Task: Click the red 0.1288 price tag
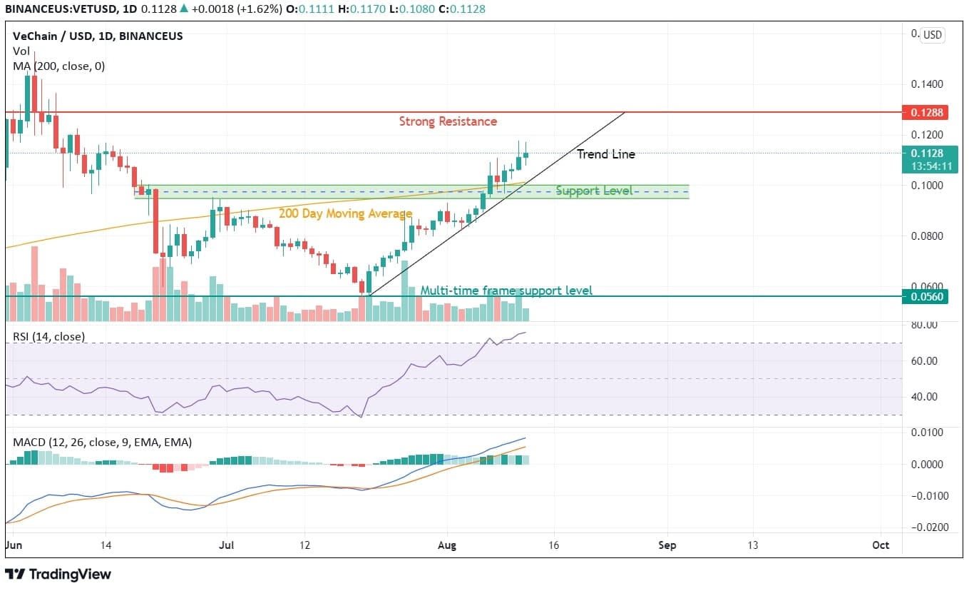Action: click(x=924, y=112)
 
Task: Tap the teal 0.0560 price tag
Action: click(x=924, y=296)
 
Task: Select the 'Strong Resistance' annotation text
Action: click(x=448, y=121)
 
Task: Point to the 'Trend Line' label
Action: click(x=605, y=154)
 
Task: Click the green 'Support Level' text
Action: click(x=593, y=191)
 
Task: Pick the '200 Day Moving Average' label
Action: click(x=345, y=213)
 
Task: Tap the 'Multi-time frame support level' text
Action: click(x=506, y=291)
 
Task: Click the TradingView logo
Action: click(x=58, y=574)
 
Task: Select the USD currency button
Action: click(x=932, y=35)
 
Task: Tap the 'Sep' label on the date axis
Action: click(x=667, y=545)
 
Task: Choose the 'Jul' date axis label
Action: click(x=227, y=545)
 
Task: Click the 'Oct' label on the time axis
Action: click(x=881, y=545)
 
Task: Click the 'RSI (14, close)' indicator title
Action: click(x=48, y=336)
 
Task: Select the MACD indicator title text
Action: click(x=102, y=443)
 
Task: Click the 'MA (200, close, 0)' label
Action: click(x=58, y=66)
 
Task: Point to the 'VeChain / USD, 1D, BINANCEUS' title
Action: click(x=98, y=36)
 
